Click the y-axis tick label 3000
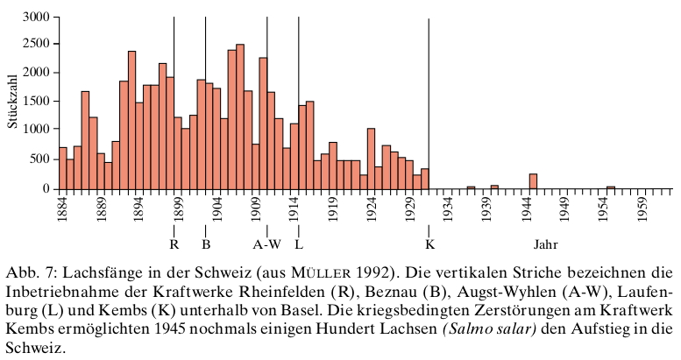[x=34, y=17]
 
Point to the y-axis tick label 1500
[x=34, y=102]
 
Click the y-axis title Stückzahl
[x=12, y=102]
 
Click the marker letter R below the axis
[x=174, y=244]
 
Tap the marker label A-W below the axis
[x=267, y=244]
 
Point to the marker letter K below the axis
[x=429, y=244]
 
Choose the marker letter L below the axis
[x=299, y=244]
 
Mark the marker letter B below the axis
[x=206, y=244]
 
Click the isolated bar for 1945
[x=533, y=181]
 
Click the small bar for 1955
[x=611, y=187]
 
